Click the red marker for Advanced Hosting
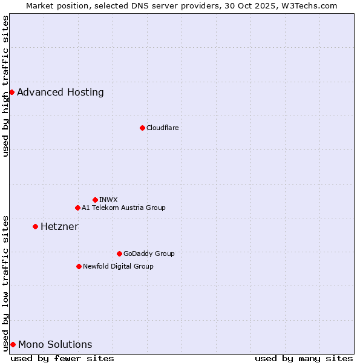(11, 92)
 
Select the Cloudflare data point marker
(142, 128)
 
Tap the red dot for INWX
(95, 200)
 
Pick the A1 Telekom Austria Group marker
(77, 208)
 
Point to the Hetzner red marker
(35, 226)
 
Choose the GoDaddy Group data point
(119, 253)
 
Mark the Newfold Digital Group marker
(79, 266)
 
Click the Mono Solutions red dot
(13, 344)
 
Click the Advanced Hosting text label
(60, 93)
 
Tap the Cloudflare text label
(162, 128)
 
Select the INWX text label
(108, 200)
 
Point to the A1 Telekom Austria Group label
(123, 208)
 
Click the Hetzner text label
(59, 227)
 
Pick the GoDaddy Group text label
(149, 253)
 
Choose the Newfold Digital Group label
(118, 266)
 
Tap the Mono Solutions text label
(55, 345)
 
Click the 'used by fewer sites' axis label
(62, 358)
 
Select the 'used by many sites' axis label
(304, 358)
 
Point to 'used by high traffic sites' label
(5, 86)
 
